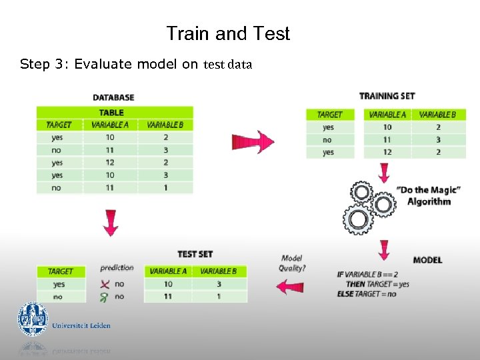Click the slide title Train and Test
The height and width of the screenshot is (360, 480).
point(228,33)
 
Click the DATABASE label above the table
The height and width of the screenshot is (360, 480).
point(113,98)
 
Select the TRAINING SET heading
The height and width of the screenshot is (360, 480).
point(387,96)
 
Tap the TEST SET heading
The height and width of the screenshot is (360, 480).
point(195,254)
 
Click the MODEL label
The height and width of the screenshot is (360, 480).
point(427,259)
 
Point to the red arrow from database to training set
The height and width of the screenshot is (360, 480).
point(253,142)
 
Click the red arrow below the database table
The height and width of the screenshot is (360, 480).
point(111,223)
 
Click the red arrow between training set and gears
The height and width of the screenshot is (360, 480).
point(383,172)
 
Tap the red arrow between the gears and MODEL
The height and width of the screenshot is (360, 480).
point(383,250)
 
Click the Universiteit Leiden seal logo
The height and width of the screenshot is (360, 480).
point(33,319)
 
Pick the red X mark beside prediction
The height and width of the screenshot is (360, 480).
point(103,284)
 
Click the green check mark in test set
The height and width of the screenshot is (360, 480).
point(103,296)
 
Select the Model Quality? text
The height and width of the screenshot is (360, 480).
point(292,263)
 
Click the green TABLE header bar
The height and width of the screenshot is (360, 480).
point(114,113)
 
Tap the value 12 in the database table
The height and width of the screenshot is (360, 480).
point(110,163)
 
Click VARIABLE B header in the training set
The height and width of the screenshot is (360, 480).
point(437,115)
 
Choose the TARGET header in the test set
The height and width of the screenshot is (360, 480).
point(61,271)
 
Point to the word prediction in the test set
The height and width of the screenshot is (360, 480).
point(117,268)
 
